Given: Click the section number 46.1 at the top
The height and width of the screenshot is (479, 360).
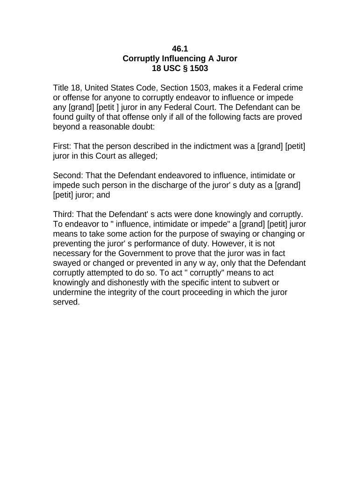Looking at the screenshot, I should [180, 48].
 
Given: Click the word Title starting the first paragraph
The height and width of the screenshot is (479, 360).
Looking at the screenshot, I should [62, 87].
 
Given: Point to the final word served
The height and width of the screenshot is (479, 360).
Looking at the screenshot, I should [66, 302].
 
